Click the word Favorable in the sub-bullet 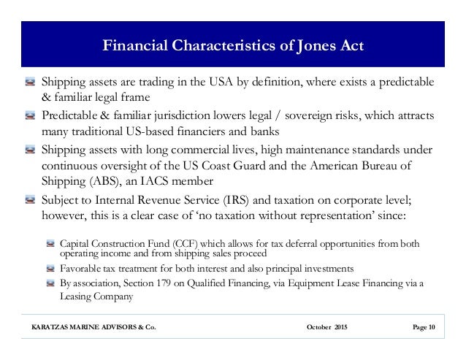pyautogui.click(x=83, y=267)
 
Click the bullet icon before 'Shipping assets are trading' pyautogui.click(x=29, y=80)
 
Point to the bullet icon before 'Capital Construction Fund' pyautogui.click(x=50, y=242)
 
